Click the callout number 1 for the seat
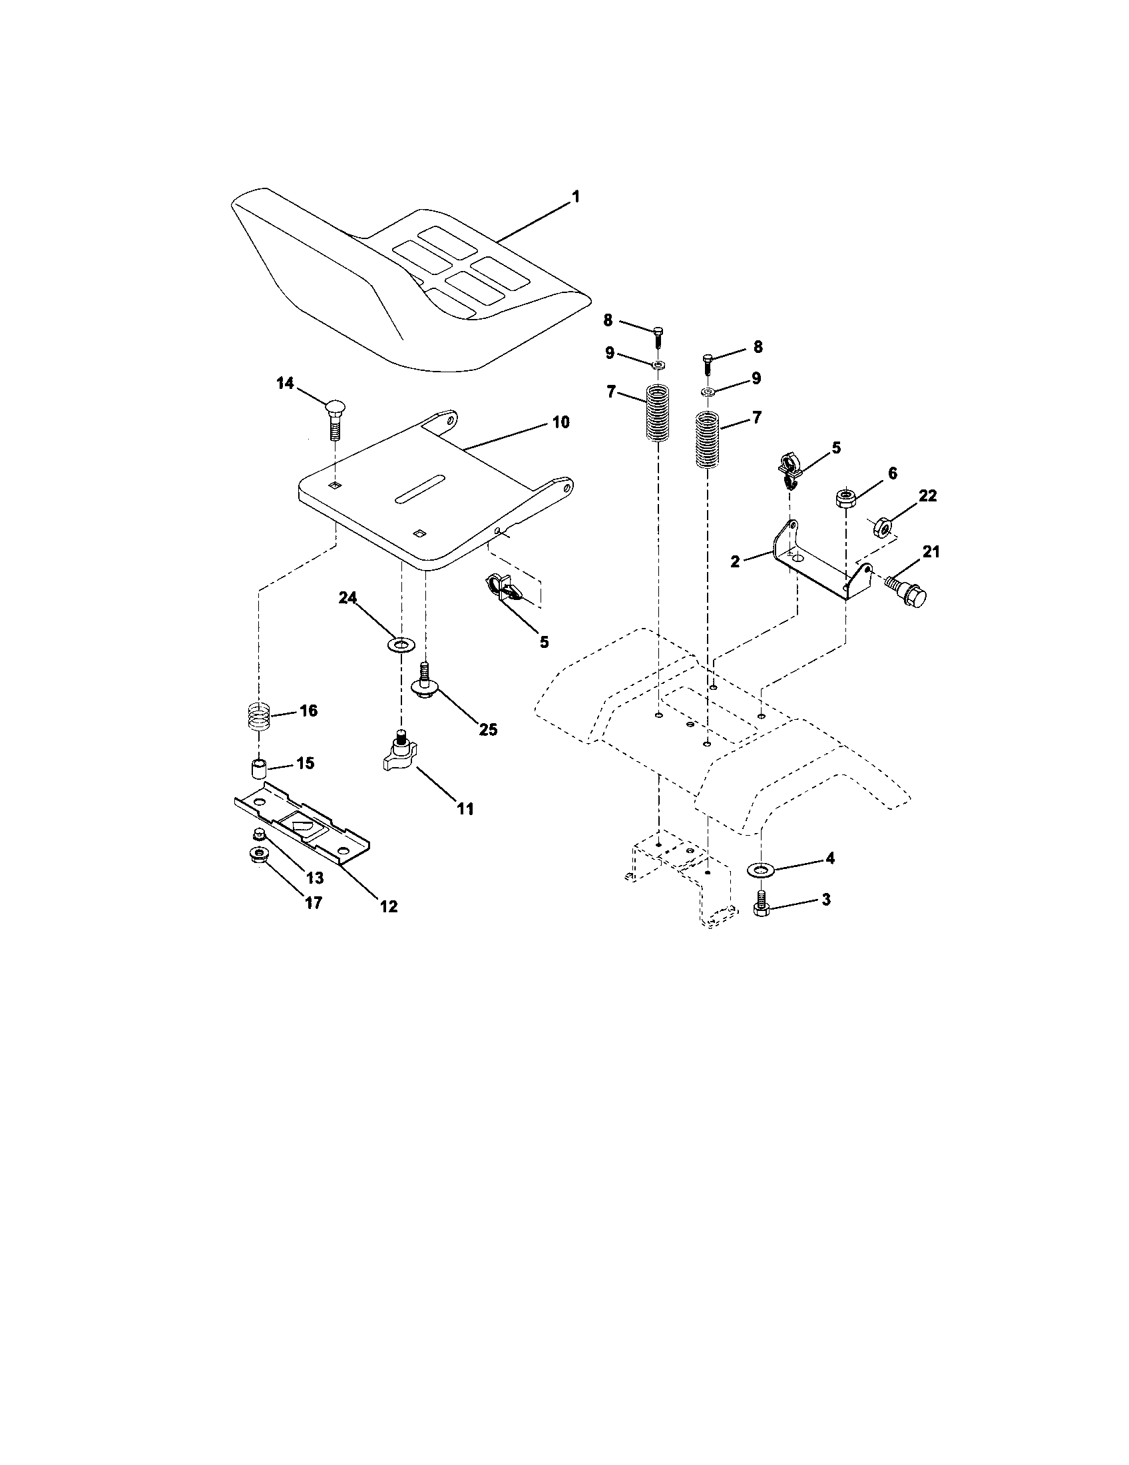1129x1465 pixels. pos(575,197)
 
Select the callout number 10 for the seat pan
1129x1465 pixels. pos(561,422)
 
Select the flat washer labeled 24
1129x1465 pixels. pos(401,646)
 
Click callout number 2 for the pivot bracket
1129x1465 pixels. pos(736,562)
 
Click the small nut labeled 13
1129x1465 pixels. pos(258,834)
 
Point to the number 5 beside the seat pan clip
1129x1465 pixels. pos(544,642)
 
